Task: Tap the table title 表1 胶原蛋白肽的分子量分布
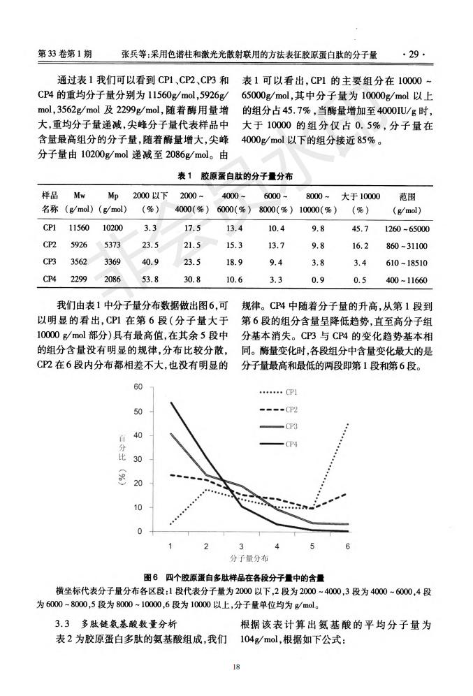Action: [235, 177]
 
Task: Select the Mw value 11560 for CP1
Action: [80, 228]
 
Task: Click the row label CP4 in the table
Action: [49, 279]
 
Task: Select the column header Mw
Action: [80, 196]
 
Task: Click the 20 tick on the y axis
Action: [138, 483]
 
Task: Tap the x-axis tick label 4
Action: [277, 544]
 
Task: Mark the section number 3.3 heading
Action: [64, 622]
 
